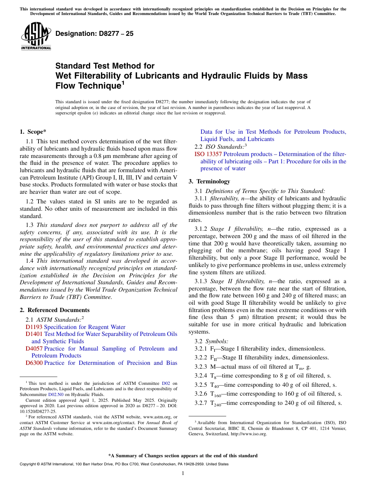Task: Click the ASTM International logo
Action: (x=36, y=36)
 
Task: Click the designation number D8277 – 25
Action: (x=94, y=34)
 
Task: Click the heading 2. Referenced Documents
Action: (x=54, y=310)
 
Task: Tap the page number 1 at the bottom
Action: (x=183, y=473)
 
